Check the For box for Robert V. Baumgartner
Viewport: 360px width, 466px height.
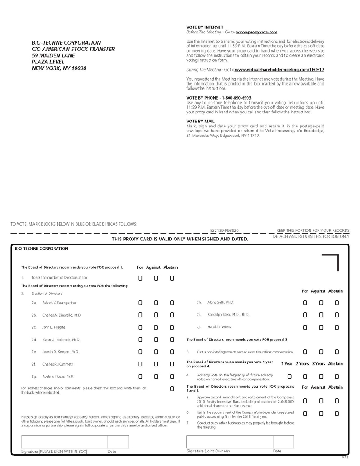coord(140,303)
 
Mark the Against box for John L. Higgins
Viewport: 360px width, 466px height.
coord(156,327)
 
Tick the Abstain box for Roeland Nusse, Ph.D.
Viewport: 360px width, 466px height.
coord(172,376)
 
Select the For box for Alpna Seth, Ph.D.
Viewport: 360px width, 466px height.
coord(305,303)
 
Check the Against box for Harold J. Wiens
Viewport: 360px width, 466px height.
coord(321,327)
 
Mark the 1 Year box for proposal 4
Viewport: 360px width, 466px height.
coord(289,376)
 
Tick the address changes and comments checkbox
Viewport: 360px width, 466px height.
coord(172,389)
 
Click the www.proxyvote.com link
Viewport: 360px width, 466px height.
coord(256,32)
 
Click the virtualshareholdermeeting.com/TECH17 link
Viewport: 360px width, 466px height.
coord(279,70)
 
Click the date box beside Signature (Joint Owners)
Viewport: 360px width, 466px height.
coord(283,442)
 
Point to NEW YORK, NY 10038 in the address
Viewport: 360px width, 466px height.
coord(59,68)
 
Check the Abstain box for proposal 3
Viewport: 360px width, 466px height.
coord(337,352)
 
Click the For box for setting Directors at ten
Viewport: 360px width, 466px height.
coord(140,278)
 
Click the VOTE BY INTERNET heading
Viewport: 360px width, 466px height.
coord(205,27)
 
